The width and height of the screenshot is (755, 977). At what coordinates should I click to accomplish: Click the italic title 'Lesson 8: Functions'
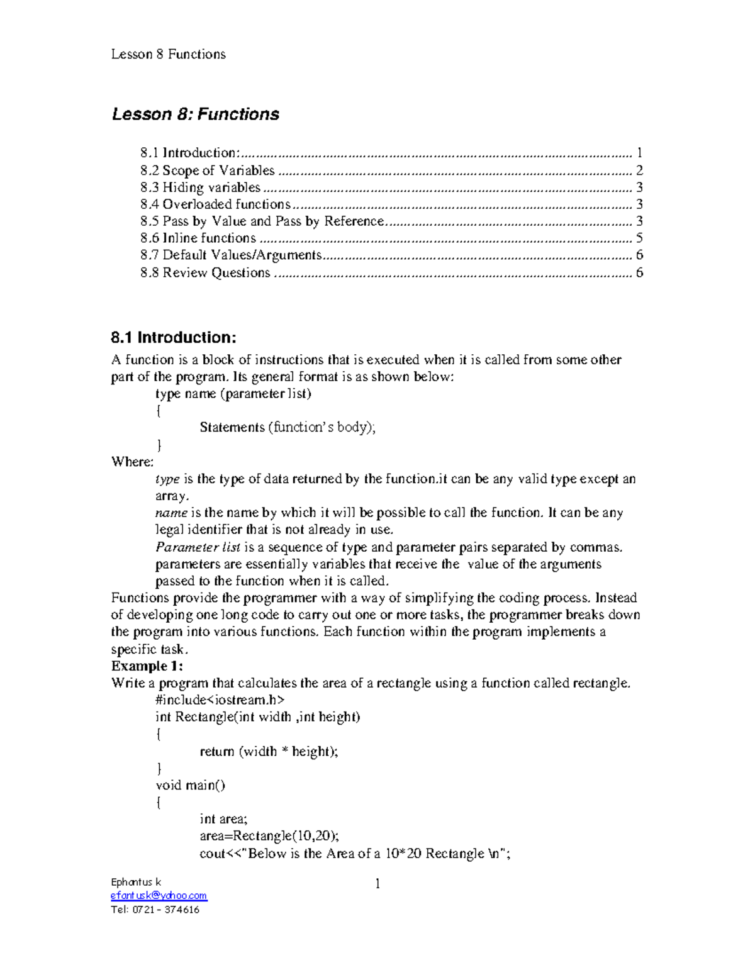195,114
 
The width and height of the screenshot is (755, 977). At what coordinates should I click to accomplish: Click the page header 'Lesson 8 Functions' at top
168,54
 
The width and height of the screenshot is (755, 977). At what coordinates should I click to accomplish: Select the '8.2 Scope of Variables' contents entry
208,170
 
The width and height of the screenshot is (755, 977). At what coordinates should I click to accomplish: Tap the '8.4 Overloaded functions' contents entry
215,204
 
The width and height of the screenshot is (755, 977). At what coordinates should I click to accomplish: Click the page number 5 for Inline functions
639,238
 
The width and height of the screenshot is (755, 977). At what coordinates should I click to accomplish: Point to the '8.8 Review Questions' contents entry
205,273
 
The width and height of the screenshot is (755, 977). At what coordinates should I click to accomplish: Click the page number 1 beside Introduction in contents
639,153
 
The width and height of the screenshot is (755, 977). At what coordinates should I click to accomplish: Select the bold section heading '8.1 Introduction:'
174,338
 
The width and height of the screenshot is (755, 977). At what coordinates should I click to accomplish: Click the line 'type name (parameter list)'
233,394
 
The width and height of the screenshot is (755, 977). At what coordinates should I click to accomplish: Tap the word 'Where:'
132,462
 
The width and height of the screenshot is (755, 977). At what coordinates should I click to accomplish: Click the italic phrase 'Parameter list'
198,547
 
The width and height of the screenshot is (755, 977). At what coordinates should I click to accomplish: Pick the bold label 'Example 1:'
147,666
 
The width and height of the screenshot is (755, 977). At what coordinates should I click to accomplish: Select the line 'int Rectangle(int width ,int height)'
257,717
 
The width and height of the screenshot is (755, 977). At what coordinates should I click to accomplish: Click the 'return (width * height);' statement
269,752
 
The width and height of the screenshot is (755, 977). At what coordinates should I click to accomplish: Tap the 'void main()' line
190,785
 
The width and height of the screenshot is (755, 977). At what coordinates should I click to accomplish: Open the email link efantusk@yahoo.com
159,896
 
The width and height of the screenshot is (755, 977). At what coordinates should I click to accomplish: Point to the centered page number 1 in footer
377,884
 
